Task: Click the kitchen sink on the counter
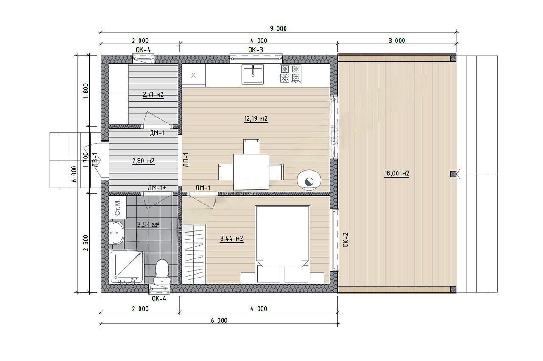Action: click(252, 74)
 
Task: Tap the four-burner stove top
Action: click(290, 74)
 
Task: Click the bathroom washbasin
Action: click(117, 233)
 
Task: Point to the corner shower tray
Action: click(127, 267)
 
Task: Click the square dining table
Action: click(251, 172)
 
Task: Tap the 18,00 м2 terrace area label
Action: click(397, 173)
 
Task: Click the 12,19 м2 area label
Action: click(256, 119)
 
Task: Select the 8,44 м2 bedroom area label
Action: click(232, 239)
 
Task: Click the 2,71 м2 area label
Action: click(153, 94)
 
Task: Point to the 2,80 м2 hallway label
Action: click(143, 161)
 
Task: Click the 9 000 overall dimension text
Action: click(278, 28)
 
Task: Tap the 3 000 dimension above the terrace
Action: click(397, 41)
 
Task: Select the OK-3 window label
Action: click(255, 50)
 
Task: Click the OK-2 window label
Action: click(346, 240)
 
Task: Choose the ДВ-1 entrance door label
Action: click(95, 160)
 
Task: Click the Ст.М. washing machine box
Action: click(118, 208)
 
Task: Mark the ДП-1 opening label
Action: click(186, 160)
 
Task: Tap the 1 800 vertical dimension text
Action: click(86, 91)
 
